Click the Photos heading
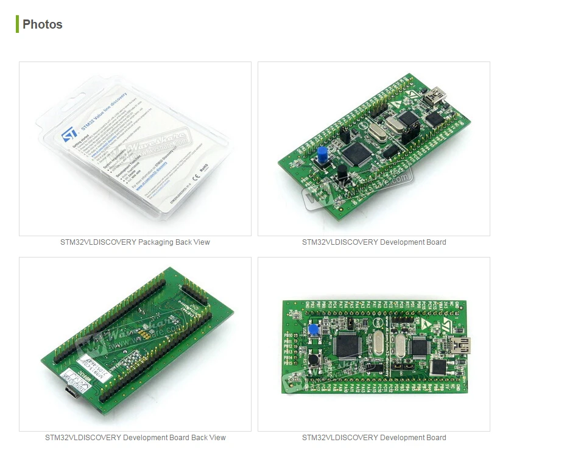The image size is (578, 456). (42, 24)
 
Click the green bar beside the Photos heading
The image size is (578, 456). (18, 24)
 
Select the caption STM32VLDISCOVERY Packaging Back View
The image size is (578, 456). (135, 242)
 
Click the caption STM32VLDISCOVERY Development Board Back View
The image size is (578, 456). (135, 438)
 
